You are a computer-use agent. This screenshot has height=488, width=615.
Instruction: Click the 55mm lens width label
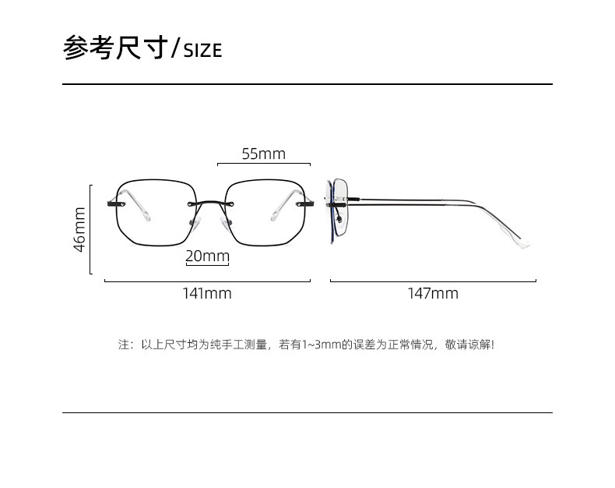pos(263,154)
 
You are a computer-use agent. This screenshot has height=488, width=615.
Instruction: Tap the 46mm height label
pos(79,228)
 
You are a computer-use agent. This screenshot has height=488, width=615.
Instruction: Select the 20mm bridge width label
pos(207,256)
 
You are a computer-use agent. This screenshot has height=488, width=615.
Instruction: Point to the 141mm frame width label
pos(207,294)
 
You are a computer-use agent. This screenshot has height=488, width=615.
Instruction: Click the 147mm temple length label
pos(433,294)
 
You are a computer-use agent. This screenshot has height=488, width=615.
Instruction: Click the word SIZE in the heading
pos(202,51)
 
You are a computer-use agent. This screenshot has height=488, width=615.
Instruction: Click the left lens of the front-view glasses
pos(153,212)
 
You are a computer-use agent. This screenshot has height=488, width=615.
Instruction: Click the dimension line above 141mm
pos(207,281)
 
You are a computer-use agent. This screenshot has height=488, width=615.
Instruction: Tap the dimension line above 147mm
pos(433,281)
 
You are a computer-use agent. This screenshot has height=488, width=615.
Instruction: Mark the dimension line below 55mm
pos(263,164)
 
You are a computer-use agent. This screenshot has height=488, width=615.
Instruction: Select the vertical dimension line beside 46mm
pos(91,229)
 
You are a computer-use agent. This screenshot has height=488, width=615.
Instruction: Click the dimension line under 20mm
pos(207,266)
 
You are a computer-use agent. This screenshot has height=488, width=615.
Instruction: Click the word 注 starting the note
pos(123,344)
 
